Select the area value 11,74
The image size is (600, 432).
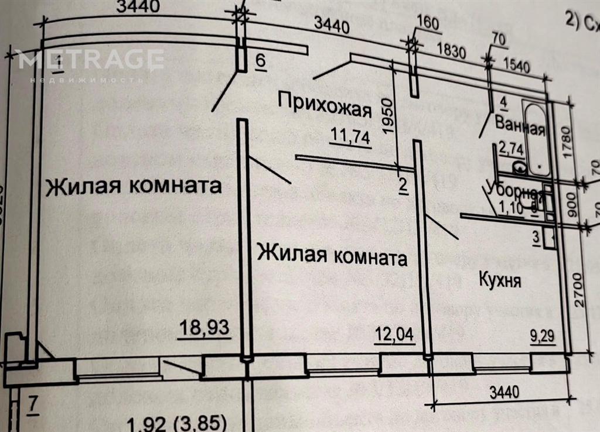tap(350, 138)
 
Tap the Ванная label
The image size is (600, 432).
tap(520, 125)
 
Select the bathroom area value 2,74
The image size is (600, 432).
tap(510, 149)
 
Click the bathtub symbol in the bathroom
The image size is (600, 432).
tap(535, 139)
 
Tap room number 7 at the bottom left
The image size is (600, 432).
tap(33, 404)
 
